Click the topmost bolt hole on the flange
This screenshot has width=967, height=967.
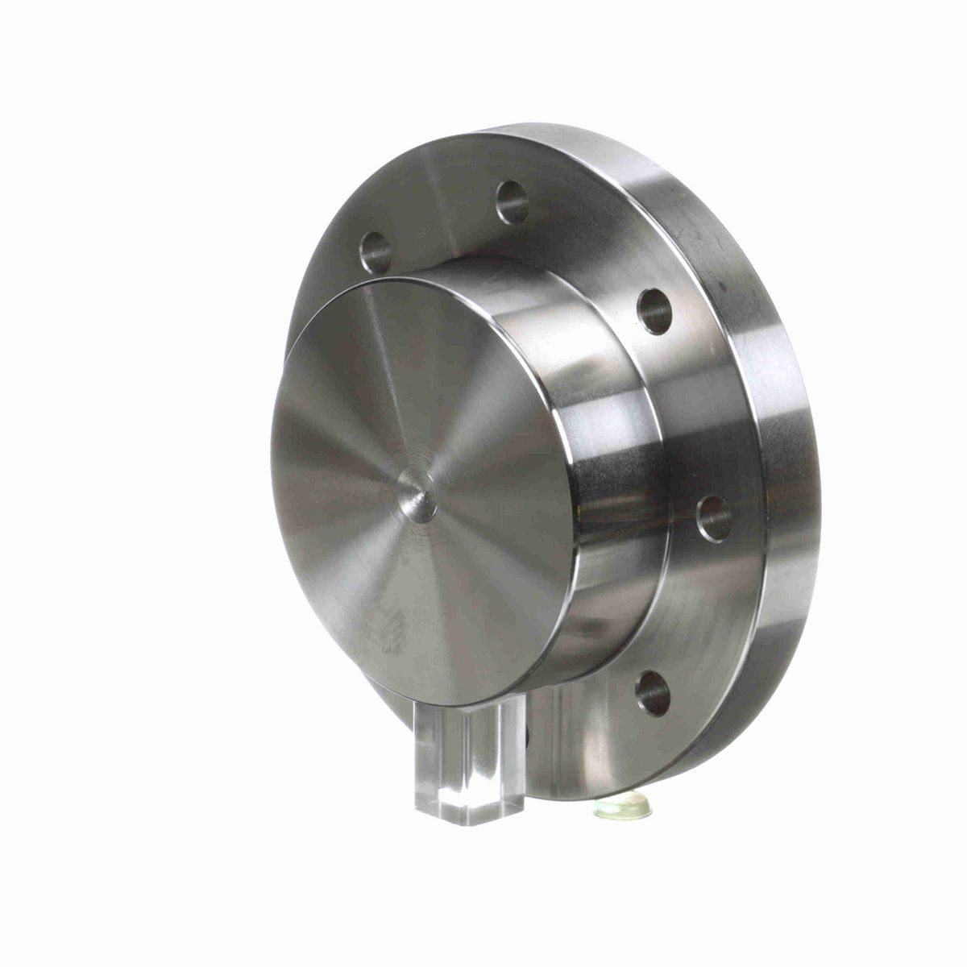512,201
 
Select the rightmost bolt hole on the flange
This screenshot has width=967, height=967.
714,517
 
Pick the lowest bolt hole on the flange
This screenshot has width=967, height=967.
653,693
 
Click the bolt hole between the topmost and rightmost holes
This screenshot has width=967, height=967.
654,311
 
